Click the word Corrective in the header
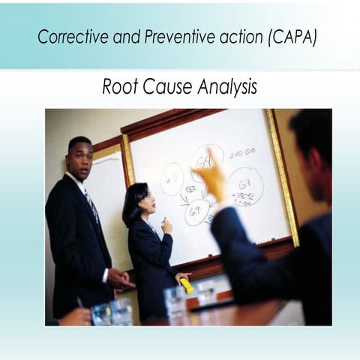[67, 37]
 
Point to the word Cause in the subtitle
[166, 87]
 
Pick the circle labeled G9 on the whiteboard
[196, 213]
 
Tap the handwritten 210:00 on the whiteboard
[241, 152]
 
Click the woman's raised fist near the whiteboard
[166, 226]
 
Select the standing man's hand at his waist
[119, 279]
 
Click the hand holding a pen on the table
[75, 315]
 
